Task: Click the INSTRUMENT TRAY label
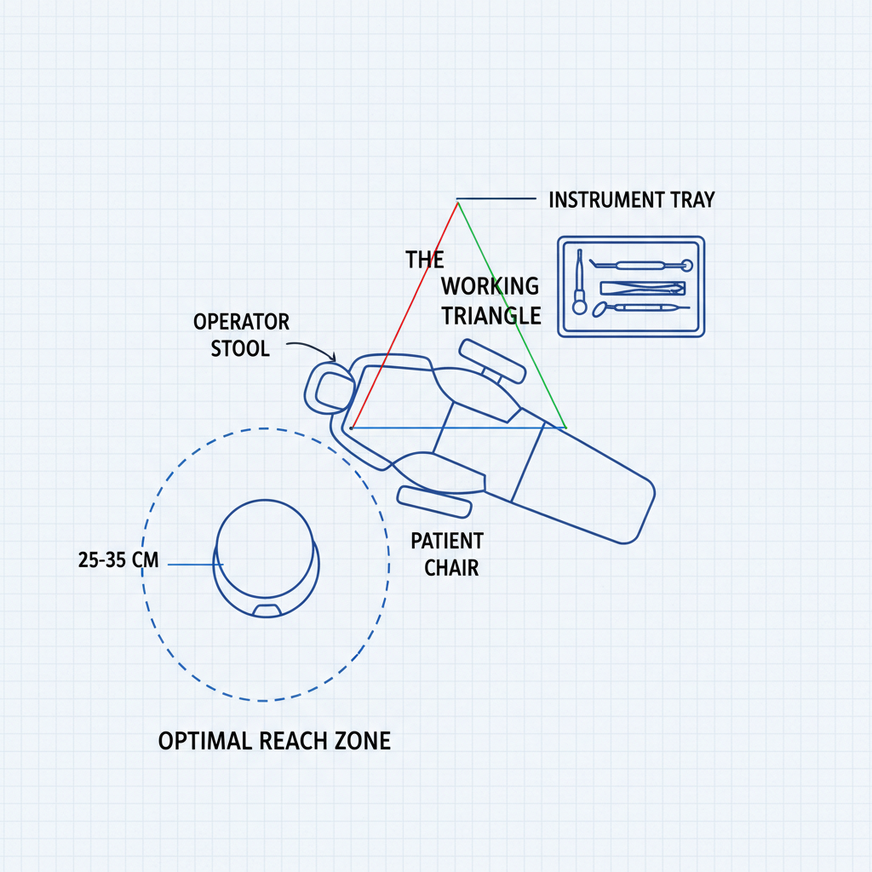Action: point(631,200)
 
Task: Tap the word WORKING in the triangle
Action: point(490,286)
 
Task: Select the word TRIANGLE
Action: point(490,316)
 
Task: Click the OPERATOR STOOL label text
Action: point(241,336)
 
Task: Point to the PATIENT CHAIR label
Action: point(447,554)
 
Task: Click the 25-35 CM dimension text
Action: point(118,562)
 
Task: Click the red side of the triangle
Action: point(404,315)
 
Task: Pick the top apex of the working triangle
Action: point(457,202)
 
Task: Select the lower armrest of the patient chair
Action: point(434,502)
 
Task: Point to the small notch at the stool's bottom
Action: point(267,610)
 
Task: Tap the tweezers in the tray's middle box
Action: point(643,288)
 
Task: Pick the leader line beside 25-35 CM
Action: point(195,563)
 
